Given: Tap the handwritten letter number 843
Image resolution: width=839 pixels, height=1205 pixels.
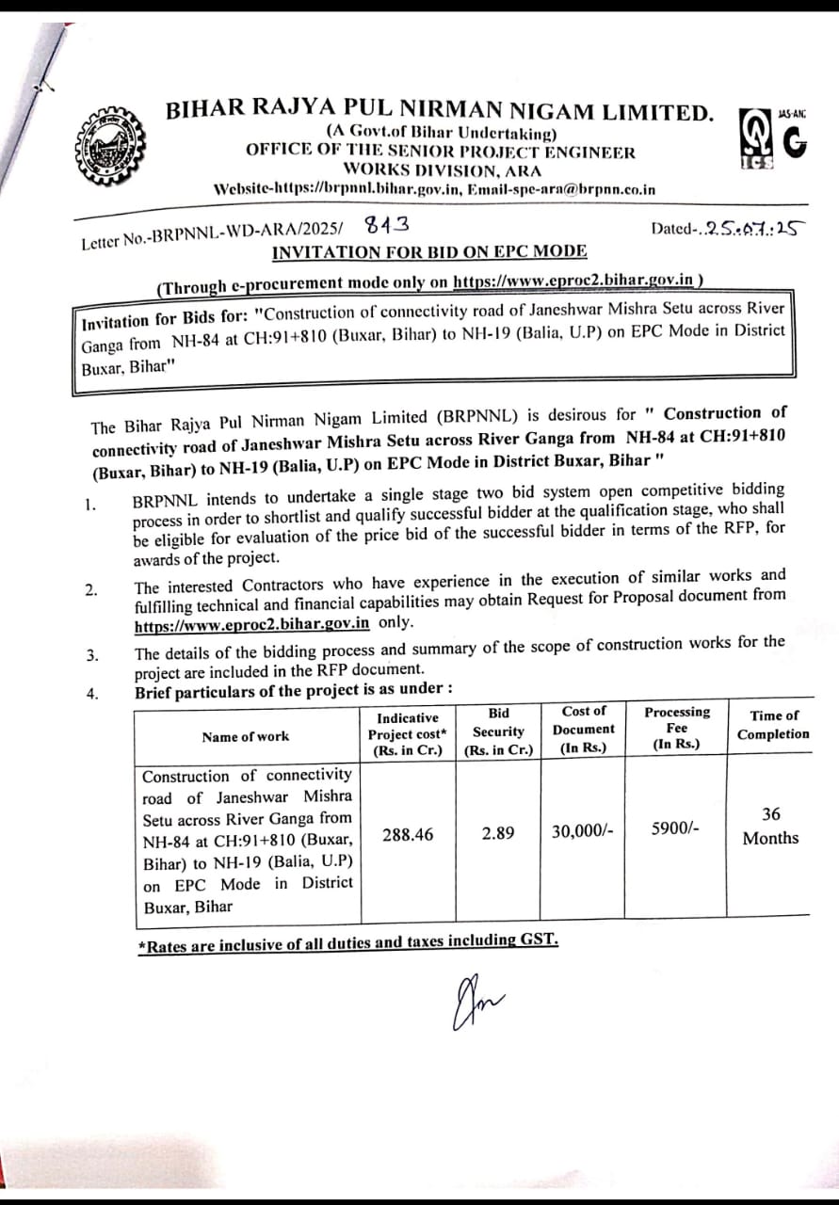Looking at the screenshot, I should [x=385, y=225].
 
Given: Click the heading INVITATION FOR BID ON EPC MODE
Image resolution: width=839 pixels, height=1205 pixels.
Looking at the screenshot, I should [x=428, y=251].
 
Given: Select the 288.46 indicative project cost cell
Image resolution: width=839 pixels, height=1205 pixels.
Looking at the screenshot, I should [x=408, y=834].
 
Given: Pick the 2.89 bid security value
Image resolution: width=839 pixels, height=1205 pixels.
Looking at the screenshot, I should [x=497, y=834].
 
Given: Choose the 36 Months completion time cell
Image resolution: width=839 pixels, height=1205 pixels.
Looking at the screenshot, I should [x=770, y=826].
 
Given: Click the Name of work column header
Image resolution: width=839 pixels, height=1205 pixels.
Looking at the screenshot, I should [x=245, y=736].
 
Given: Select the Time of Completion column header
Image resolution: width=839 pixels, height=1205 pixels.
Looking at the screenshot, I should [x=773, y=725].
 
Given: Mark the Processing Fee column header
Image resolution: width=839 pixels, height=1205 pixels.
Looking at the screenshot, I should [x=677, y=728].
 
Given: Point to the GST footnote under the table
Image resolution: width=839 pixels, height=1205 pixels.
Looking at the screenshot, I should [x=348, y=942].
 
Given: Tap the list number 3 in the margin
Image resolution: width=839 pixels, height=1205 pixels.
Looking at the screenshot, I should [x=92, y=656].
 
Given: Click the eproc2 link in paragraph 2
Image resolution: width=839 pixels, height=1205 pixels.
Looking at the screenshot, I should [x=251, y=623].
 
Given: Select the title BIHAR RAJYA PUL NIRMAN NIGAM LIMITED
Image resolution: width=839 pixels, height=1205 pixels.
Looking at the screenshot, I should [x=440, y=112].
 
